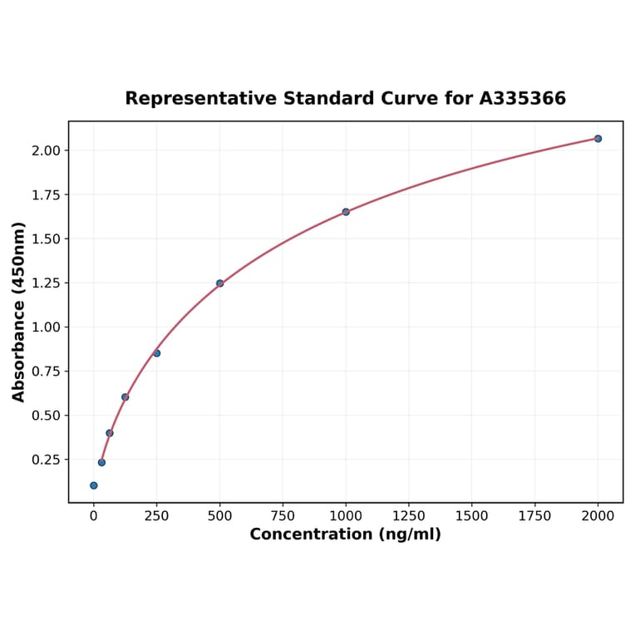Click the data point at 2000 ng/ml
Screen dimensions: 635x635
[x=598, y=139]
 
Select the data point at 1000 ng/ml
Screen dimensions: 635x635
[x=346, y=212]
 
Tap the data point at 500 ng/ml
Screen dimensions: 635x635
[x=219, y=283]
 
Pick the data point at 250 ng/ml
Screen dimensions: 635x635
[x=156, y=353]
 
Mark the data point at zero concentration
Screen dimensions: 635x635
[x=94, y=485]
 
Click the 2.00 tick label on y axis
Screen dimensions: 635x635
[x=47, y=150]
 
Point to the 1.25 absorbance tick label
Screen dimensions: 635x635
[x=47, y=283]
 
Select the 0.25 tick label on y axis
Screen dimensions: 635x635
[x=47, y=460]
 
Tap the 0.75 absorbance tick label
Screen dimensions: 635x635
[x=47, y=372]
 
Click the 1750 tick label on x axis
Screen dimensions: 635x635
[x=535, y=516]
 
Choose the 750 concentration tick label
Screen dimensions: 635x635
[x=283, y=516]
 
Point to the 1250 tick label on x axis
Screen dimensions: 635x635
[x=409, y=516]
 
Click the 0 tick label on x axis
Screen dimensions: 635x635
[x=94, y=516]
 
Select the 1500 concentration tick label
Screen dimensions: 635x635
[x=472, y=516]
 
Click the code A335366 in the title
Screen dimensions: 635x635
[x=523, y=99]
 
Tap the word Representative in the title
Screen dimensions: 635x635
[x=200, y=99]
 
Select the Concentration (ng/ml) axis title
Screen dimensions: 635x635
[x=346, y=534]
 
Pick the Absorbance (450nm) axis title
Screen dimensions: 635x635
[x=19, y=312]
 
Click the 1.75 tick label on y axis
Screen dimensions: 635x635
[x=47, y=195]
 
